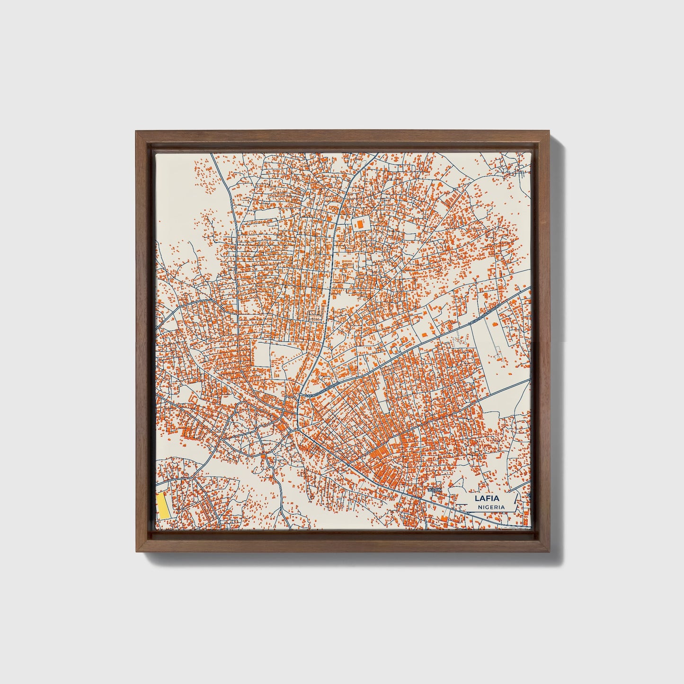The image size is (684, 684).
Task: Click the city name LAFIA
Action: (x=486, y=498)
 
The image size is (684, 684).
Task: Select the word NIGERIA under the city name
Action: (x=490, y=507)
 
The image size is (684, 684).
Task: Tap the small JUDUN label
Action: (x=434, y=490)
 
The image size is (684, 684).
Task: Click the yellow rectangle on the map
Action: (x=162, y=506)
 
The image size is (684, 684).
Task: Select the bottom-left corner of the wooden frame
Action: (x=136, y=551)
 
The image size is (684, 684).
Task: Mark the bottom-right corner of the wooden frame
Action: (x=550, y=551)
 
